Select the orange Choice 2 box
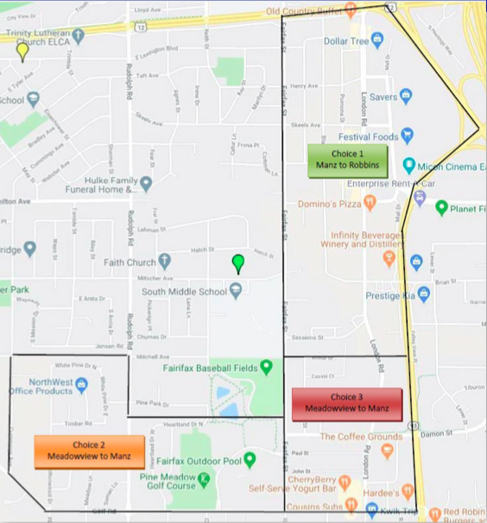coord(78,451)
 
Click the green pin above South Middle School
coord(238,263)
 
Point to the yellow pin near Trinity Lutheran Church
coord(22,51)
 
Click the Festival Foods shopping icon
coord(407,135)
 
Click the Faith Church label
coord(126,261)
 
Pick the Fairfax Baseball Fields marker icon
coord(267,368)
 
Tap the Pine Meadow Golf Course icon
coord(204,478)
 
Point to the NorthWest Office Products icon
coord(81,383)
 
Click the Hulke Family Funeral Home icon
coord(147,183)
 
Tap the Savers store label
coord(383,97)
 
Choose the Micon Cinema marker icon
coord(409,165)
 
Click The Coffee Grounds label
coord(349,437)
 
